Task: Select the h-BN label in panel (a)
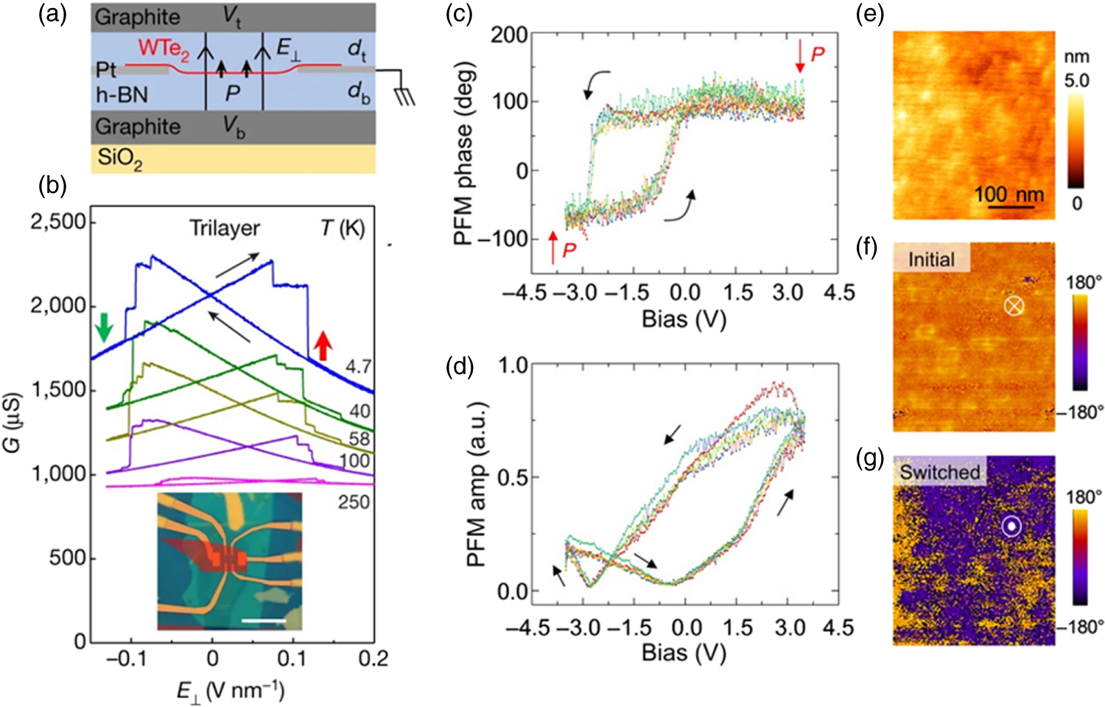click(x=122, y=95)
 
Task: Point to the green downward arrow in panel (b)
click(x=104, y=326)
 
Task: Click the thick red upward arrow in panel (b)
click(x=322, y=345)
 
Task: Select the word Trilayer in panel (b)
click(x=225, y=228)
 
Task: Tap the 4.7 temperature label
click(x=359, y=367)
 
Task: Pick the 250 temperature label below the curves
click(x=354, y=502)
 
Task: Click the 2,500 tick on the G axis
click(x=58, y=222)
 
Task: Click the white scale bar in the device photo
click(x=263, y=621)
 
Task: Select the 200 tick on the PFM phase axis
click(x=509, y=35)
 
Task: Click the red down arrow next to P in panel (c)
click(x=800, y=57)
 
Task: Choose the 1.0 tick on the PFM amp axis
click(x=513, y=365)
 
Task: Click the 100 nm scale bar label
click(x=1008, y=194)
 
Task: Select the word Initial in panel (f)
click(x=930, y=259)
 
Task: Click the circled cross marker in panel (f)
click(x=1014, y=306)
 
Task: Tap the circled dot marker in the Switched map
click(x=1012, y=526)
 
